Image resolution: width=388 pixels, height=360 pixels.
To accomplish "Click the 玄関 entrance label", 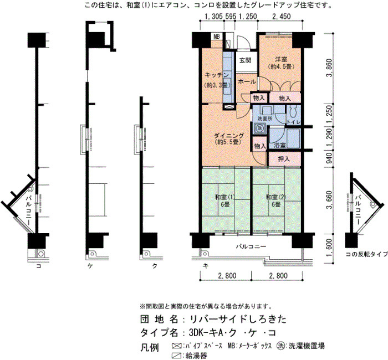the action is [x=246, y=60].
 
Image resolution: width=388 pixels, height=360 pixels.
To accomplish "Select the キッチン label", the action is [x=217, y=75].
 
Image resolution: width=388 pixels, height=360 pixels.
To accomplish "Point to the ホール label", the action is [x=247, y=81].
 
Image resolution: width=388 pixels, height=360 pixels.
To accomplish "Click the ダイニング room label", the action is [x=228, y=136].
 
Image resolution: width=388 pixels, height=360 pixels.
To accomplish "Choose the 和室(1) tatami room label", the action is [x=224, y=197].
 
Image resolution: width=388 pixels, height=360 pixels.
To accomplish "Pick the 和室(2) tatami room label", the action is [x=275, y=197].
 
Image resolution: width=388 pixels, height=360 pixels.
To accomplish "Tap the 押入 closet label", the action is [x=284, y=159].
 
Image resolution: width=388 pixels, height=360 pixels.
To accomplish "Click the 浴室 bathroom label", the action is [x=279, y=145].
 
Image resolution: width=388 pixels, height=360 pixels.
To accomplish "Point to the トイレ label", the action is [x=293, y=122].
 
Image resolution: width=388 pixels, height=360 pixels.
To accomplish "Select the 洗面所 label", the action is [x=265, y=119].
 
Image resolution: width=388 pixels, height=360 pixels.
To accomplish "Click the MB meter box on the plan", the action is [x=217, y=37].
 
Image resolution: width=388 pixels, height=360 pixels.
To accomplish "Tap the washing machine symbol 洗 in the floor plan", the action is [x=259, y=128].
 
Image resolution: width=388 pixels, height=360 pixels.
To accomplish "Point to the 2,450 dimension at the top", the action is [x=282, y=16].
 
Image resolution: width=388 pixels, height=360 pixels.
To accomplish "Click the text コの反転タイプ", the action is [x=366, y=254].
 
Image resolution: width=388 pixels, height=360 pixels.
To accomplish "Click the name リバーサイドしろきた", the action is [x=238, y=319].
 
